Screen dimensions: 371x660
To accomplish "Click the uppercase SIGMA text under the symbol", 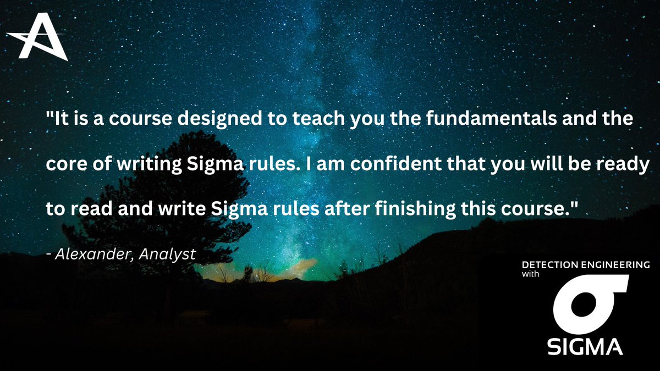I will [x=586, y=346].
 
